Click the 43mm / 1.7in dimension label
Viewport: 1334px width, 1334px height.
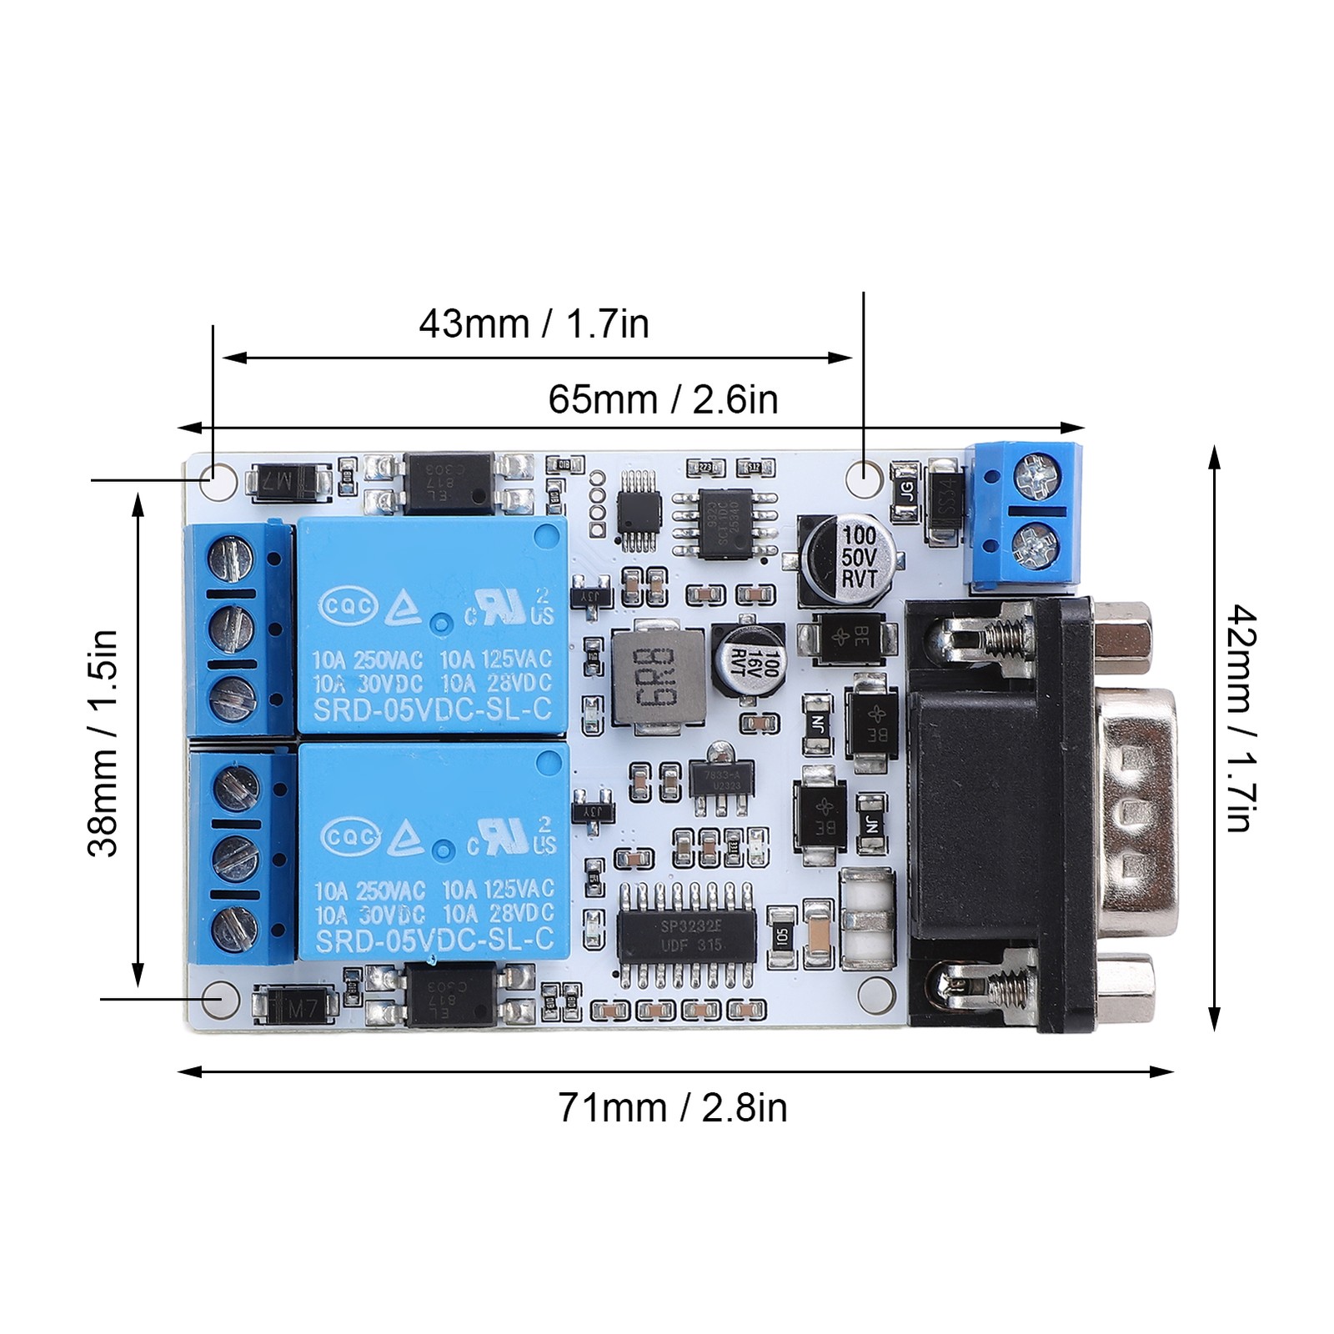pyautogui.click(x=534, y=323)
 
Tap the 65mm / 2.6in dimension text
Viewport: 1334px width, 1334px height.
pyautogui.click(x=663, y=400)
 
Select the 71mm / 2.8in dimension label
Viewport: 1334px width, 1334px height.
pyautogui.click(x=672, y=1108)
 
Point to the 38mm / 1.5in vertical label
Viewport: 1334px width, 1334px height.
pyautogui.click(x=104, y=743)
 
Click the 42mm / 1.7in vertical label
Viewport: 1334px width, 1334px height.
pyautogui.click(x=1239, y=719)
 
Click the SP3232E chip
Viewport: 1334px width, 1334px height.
pyautogui.click(x=685, y=935)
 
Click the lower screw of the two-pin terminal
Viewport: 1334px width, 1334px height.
pyautogui.click(x=1035, y=544)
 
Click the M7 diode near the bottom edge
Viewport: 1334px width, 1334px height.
pyautogui.click(x=295, y=1007)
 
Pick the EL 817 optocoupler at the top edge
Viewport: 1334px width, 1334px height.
pyautogui.click(x=449, y=483)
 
